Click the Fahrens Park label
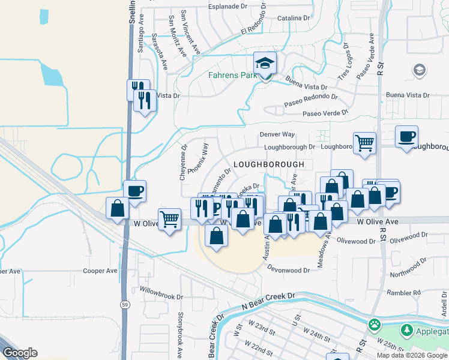[230, 76]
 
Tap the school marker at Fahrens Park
[264, 64]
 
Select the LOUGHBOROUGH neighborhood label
[268, 164]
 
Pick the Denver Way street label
[277, 135]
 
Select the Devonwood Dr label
[289, 271]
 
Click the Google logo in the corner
[20, 353]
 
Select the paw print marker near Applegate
[375, 325]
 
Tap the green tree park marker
[406, 331]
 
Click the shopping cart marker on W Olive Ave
[170, 220]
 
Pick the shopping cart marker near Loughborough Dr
[364, 143]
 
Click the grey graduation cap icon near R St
[420, 71]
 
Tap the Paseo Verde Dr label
[325, 113]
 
